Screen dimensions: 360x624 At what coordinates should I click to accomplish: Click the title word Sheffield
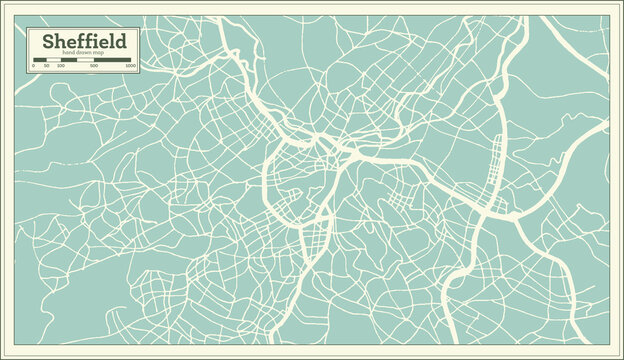coord(83,42)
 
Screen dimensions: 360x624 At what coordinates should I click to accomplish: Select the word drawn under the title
coord(83,55)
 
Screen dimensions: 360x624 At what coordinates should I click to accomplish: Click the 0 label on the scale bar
coord(34,66)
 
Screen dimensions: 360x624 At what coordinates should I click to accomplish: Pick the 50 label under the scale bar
coord(47,66)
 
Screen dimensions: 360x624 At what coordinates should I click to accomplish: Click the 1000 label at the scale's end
coord(130,66)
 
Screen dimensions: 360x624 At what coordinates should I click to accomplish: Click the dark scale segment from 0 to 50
coord(40,60)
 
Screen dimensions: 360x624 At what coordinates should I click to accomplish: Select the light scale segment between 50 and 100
coord(54,60)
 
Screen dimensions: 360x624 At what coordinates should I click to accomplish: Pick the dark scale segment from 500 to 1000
coord(115,60)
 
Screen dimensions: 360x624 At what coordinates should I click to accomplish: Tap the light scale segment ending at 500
coord(89,60)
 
